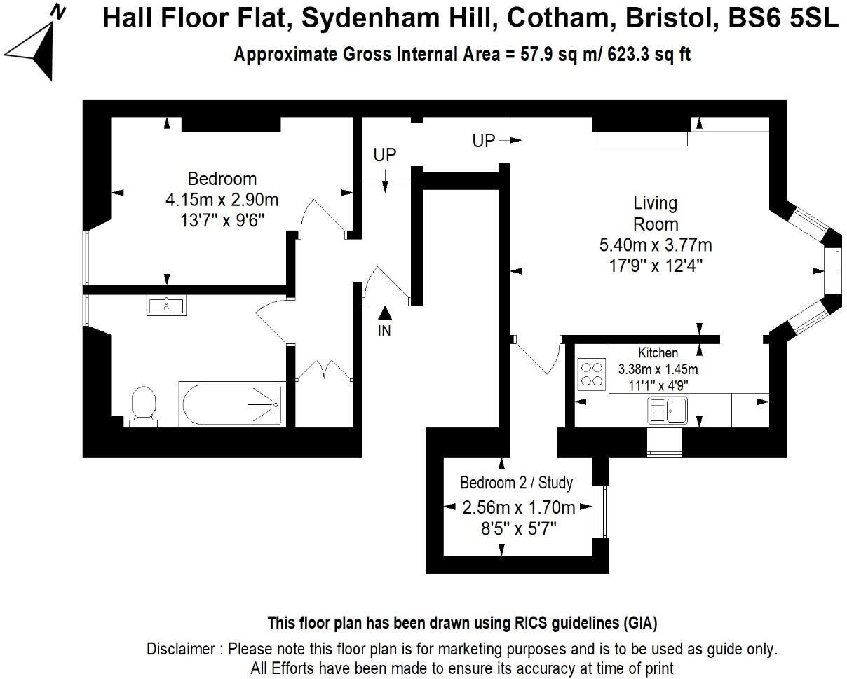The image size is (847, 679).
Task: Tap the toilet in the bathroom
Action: point(144,406)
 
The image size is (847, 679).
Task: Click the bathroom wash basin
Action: point(166,306)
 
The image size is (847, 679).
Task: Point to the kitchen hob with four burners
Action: point(592,373)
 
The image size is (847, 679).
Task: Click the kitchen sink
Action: point(667,410)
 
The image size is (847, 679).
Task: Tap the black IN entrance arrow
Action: point(384,313)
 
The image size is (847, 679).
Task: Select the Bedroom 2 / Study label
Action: point(516,483)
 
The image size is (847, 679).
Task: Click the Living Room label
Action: point(655,214)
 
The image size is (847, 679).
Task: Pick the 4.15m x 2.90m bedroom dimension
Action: point(222,200)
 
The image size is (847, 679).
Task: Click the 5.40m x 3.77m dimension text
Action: point(655,245)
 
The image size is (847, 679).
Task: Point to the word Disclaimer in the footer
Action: point(182,649)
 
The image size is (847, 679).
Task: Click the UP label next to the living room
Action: point(483,141)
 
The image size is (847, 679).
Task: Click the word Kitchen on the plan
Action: point(657,352)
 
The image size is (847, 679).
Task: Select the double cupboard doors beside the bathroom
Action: point(323,371)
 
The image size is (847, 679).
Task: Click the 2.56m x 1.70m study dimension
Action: point(519,507)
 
